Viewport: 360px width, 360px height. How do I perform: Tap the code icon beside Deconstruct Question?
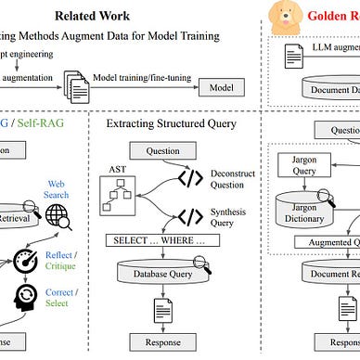[x=190, y=179]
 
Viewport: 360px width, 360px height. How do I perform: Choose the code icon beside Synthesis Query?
[x=190, y=217]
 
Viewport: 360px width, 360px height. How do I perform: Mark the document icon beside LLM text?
[x=290, y=54]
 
